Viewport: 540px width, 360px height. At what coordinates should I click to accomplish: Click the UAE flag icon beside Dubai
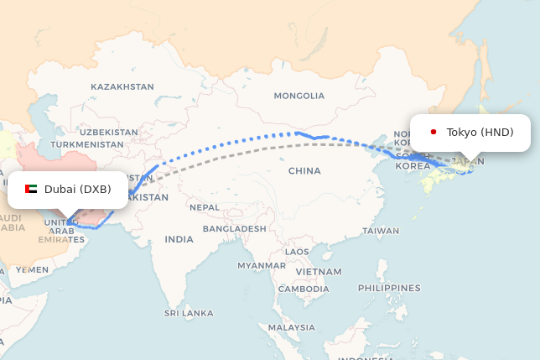click(31, 189)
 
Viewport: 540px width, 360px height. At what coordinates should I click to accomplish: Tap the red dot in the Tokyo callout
click(434, 132)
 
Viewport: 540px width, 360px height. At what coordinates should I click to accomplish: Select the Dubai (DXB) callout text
click(77, 189)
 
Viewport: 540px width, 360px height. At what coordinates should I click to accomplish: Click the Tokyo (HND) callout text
click(480, 132)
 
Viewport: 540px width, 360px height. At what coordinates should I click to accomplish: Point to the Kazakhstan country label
click(122, 86)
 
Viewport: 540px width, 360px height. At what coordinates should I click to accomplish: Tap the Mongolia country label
click(299, 96)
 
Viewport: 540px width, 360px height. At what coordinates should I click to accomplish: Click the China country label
click(304, 170)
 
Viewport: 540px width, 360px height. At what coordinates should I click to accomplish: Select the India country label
click(179, 239)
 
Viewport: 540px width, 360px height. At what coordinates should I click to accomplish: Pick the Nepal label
click(205, 206)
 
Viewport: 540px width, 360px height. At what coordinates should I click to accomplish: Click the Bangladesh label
click(234, 228)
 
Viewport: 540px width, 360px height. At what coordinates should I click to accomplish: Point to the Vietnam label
click(318, 272)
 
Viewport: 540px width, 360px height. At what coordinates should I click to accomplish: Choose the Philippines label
click(388, 288)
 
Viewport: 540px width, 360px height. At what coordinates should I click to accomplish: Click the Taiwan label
click(381, 230)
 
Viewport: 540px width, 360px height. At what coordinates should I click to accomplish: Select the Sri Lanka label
click(189, 313)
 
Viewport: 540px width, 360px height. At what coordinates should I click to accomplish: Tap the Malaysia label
click(293, 327)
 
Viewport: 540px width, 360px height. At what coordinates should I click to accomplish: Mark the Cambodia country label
click(304, 289)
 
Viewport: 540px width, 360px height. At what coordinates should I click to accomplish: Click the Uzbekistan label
click(109, 133)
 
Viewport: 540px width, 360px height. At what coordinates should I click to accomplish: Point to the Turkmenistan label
click(87, 144)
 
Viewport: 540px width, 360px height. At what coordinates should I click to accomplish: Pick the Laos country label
click(297, 251)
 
